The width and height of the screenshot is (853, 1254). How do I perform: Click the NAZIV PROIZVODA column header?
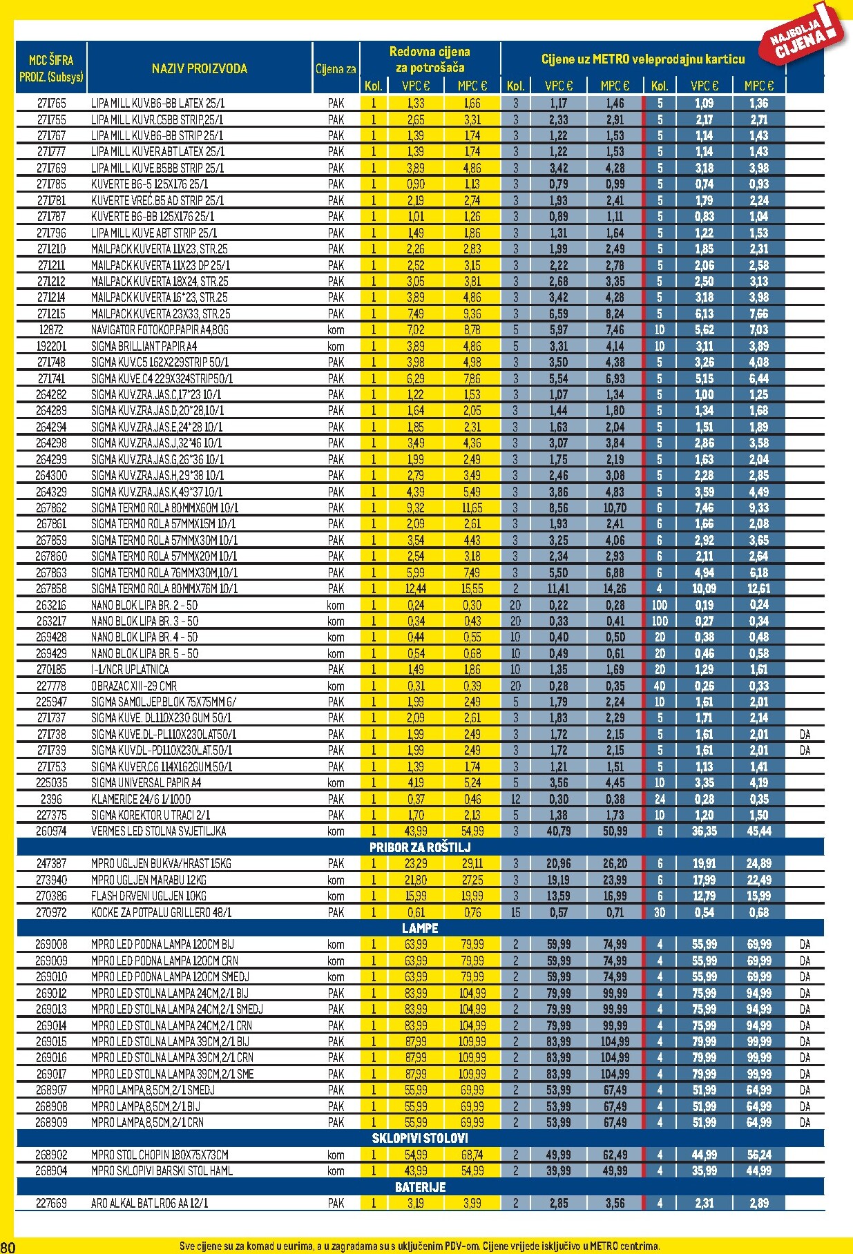pyautogui.click(x=199, y=68)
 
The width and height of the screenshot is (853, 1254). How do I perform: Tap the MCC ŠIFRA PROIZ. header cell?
pyautogui.click(x=51, y=68)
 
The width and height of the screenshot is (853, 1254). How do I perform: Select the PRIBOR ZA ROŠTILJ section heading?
pyautogui.click(x=420, y=847)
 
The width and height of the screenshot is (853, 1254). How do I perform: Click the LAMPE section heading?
pyautogui.click(x=420, y=928)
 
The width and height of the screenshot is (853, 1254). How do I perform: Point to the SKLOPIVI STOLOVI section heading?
pyautogui.click(x=420, y=1138)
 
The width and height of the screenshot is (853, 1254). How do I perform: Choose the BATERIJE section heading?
pyautogui.click(x=420, y=1187)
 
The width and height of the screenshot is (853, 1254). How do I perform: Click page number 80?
pyautogui.click(x=8, y=1246)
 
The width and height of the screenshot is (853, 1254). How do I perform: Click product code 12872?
pyautogui.click(x=51, y=330)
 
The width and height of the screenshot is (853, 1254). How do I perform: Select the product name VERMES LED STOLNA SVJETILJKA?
pyautogui.click(x=159, y=831)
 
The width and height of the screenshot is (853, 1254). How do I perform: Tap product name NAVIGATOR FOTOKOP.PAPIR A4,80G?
pyautogui.click(x=160, y=330)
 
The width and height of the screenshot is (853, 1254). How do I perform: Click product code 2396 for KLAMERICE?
pyautogui.click(x=51, y=799)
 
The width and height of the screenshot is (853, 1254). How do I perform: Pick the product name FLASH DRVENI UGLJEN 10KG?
pyautogui.click(x=148, y=896)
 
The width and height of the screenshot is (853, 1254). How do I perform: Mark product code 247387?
pyautogui.click(x=51, y=864)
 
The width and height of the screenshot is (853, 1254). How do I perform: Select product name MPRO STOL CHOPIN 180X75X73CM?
pyautogui.click(x=160, y=1155)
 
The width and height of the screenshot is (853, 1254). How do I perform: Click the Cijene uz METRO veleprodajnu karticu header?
pyautogui.click(x=642, y=59)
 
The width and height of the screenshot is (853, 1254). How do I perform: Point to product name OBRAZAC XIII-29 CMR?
pyautogui.click(x=134, y=686)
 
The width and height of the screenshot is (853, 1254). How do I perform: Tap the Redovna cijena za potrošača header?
pyautogui.click(x=430, y=59)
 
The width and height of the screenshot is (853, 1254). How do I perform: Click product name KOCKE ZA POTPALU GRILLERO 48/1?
pyautogui.click(x=161, y=912)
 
